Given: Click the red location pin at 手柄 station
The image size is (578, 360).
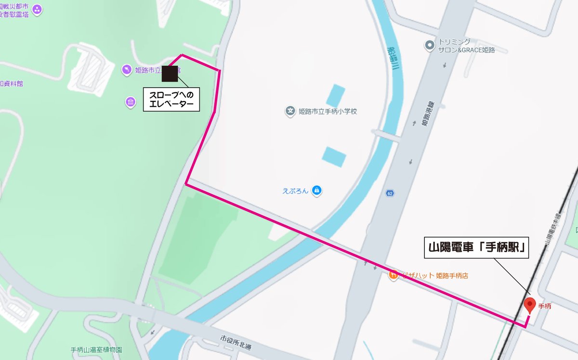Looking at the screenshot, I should click(530, 305).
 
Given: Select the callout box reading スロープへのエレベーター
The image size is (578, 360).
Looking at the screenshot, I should click(171, 99).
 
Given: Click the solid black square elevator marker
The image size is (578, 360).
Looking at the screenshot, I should click(170, 74).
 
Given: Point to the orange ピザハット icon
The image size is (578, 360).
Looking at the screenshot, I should click(393, 276).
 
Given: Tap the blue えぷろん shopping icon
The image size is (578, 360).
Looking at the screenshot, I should click(316, 191).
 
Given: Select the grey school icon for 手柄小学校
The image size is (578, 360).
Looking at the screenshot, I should click(290, 112).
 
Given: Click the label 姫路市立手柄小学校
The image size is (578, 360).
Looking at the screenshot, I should click(328, 112).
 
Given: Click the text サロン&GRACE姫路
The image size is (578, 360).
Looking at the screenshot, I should click(466, 50).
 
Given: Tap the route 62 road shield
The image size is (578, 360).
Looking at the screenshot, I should click(389, 193).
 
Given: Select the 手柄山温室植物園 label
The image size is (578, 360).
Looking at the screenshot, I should click(96, 350).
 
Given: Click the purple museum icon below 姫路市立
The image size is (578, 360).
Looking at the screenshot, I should click(131, 102).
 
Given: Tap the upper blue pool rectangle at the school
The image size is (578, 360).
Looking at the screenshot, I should click(336, 95).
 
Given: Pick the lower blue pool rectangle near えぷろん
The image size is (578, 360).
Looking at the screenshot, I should click(334, 156).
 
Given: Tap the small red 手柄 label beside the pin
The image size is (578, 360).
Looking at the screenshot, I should click(545, 306).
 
